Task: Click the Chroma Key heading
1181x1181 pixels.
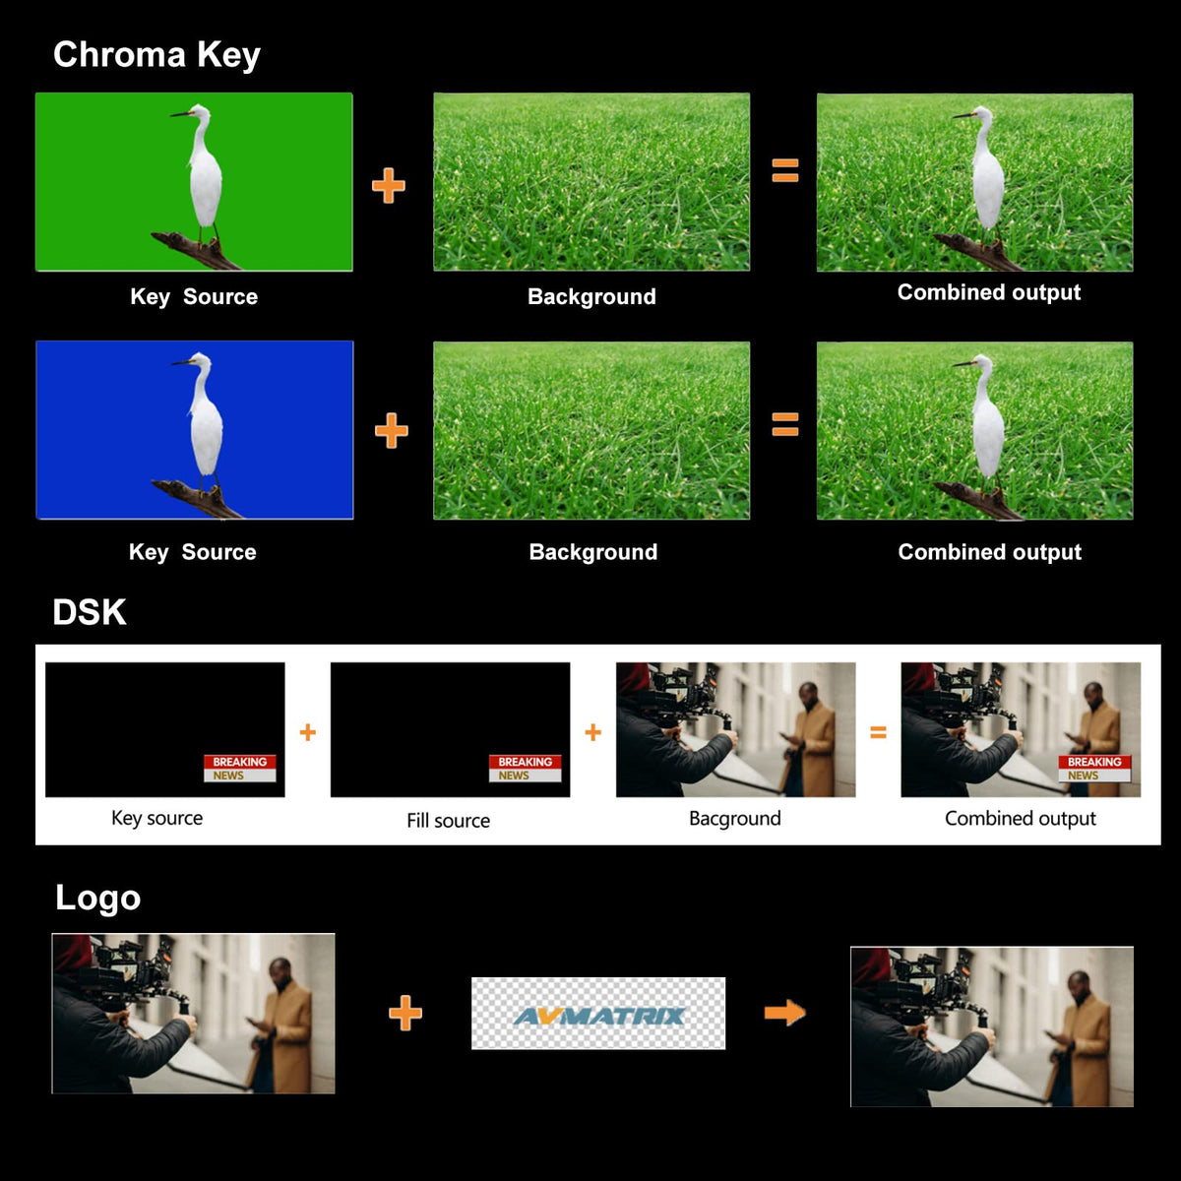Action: (156, 55)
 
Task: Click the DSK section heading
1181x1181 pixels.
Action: (90, 612)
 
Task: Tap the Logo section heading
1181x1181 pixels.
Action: (98, 899)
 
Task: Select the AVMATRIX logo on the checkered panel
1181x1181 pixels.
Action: (598, 1016)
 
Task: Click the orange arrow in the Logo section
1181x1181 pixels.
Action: (784, 1013)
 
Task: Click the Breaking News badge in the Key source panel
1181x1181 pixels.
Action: (239, 769)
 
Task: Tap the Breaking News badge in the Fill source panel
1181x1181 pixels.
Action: (525, 769)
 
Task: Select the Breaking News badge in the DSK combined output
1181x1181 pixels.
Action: (1094, 769)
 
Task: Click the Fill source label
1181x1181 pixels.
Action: (448, 821)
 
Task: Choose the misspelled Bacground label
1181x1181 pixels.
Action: (735, 819)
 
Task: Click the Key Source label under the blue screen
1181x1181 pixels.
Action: (193, 552)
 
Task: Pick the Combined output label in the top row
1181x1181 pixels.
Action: (988, 292)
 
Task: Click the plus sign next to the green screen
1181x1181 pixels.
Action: (389, 186)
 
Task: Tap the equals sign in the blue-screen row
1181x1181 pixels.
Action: (785, 424)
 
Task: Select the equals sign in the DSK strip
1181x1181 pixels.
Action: (878, 732)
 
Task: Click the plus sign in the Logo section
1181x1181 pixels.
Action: (405, 1013)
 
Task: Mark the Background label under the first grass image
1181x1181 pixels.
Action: (591, 296)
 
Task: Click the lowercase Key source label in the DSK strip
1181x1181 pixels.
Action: (156, 818)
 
